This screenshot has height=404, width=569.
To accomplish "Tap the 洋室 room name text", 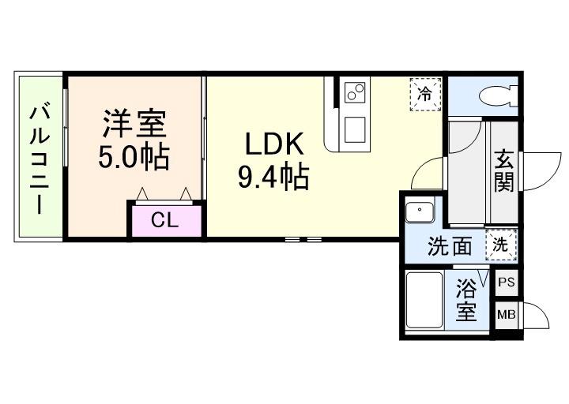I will (x=134, y=125).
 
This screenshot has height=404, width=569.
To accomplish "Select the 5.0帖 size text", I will (x=134, y=157).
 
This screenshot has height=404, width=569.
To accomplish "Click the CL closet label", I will (x=165, y=220).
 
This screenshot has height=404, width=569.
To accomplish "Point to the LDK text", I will (x=273, y=144).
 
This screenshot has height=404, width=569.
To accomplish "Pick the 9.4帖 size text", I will (x=273, y=178).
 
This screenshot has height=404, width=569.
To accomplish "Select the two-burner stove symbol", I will (x=353, y=93).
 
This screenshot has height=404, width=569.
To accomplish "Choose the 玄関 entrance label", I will (x=504, y=170).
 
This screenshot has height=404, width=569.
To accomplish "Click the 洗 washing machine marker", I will (x=501, y=245).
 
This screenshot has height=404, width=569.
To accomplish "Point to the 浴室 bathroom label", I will (x=466, y=297).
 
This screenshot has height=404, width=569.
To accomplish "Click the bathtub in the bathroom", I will (x=424, y=300).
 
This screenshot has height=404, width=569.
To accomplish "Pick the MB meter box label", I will (x=506, y=316).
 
